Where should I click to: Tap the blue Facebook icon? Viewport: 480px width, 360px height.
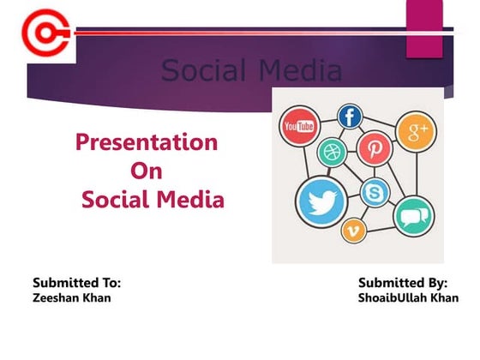pos(350,117)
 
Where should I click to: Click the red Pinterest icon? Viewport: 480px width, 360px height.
pos(375,148)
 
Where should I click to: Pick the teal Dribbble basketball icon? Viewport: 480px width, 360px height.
pos(330,153)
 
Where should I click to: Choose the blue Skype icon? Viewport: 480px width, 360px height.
pos(375,193)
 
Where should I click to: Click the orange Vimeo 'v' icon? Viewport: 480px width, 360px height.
pos(353,229)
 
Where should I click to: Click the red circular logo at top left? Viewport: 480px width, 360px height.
pos(39,33)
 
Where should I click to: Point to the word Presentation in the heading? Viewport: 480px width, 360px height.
pos(147,141)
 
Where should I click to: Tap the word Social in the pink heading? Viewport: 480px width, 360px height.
pos(117,201)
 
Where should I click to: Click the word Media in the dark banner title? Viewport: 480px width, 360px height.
pos(294,70)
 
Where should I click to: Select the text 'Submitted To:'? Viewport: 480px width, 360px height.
pos(76,281)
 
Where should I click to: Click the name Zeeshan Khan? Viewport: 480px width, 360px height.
pos(71,297)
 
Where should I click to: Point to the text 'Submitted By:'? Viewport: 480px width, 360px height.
pos(403,281)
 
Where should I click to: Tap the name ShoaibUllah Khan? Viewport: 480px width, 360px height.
pos(408,297)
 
